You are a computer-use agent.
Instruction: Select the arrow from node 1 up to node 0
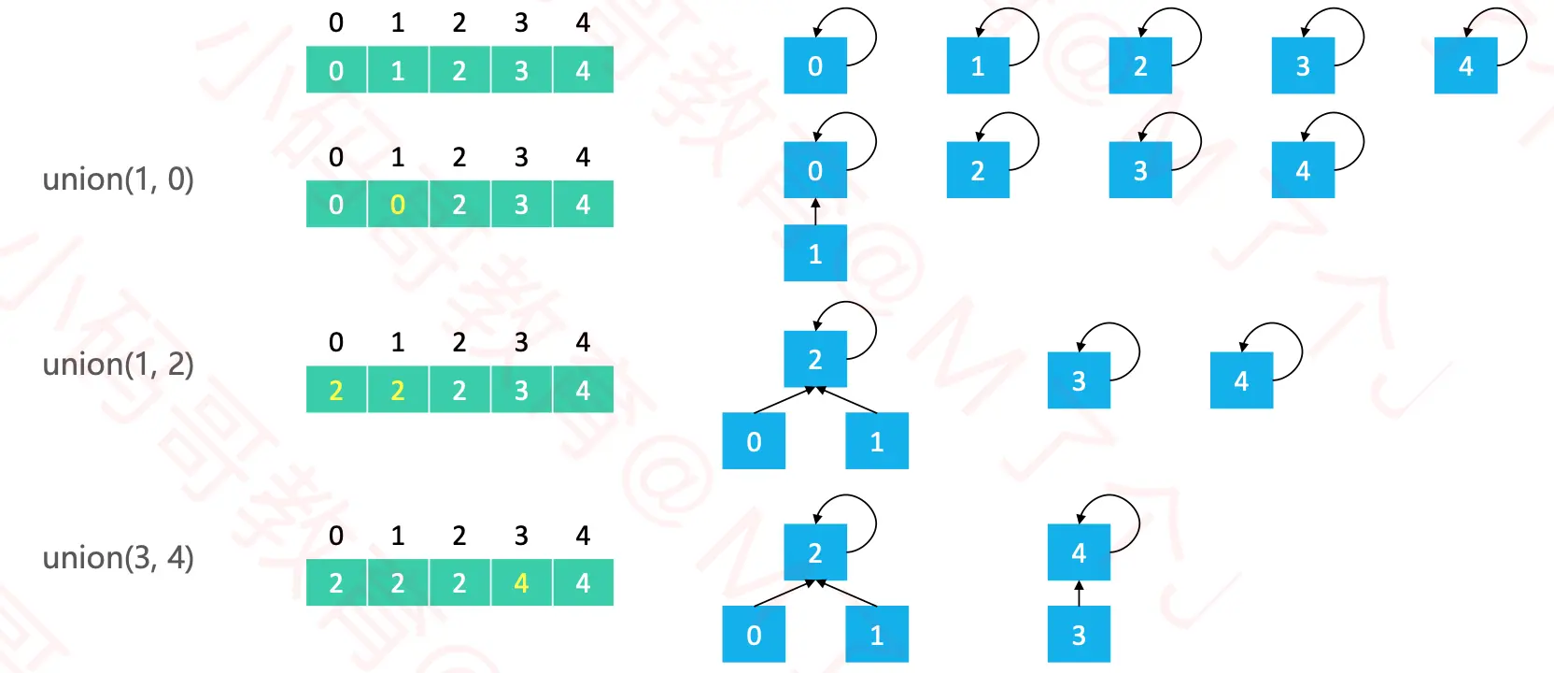815,211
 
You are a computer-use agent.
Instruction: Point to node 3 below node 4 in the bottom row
1079,635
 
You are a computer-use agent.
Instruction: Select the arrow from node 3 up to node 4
1079,593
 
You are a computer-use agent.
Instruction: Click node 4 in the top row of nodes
1465,66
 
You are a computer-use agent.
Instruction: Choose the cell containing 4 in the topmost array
583,70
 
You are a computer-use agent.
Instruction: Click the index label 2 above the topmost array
459,22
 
